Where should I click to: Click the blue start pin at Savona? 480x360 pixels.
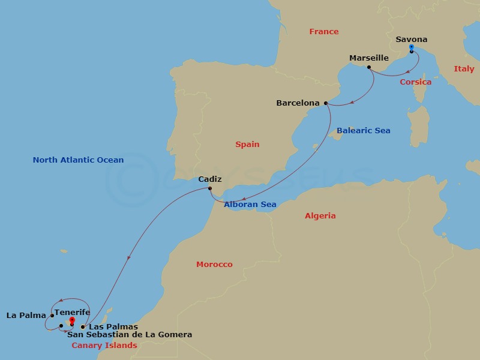point(411,47)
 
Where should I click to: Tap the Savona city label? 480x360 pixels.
point(412,40)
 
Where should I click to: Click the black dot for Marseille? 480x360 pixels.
point(368,68)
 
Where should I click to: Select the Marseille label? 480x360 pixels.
point(369,58)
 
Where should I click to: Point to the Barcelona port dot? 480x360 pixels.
point(326,103)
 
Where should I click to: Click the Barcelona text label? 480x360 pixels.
point(298,103)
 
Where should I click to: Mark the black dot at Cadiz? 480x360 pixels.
point(209,189)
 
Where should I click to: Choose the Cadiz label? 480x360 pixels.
point(210,179)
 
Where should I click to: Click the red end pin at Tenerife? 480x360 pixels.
point(72,321)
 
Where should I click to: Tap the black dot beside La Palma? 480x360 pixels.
point(52,315)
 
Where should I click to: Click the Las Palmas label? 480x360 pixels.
point(113,327)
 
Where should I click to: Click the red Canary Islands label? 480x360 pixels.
point(104,346)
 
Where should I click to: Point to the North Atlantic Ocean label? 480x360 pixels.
point(78,160)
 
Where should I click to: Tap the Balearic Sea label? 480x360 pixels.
point(363,131)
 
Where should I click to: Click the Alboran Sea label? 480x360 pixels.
point(250,205)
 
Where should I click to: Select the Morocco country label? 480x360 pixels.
point(214,265)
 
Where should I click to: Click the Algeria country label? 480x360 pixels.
point(320,216)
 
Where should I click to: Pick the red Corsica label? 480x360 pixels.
point(415,82)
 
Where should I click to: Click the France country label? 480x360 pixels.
point(324,32)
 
